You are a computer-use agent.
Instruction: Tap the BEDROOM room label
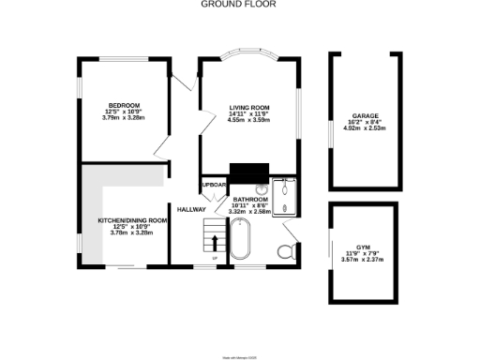point(124,105)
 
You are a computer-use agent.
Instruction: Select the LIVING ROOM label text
point(249,108)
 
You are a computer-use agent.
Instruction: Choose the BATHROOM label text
point(250,200)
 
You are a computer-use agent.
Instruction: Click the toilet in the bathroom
point(288,249)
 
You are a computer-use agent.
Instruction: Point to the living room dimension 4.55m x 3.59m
point(249,121)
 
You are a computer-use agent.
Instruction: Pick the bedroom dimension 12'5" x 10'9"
point(124,112)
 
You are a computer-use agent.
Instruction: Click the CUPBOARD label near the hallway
point(213,186)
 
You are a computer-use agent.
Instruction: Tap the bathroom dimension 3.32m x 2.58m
point(250,212)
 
